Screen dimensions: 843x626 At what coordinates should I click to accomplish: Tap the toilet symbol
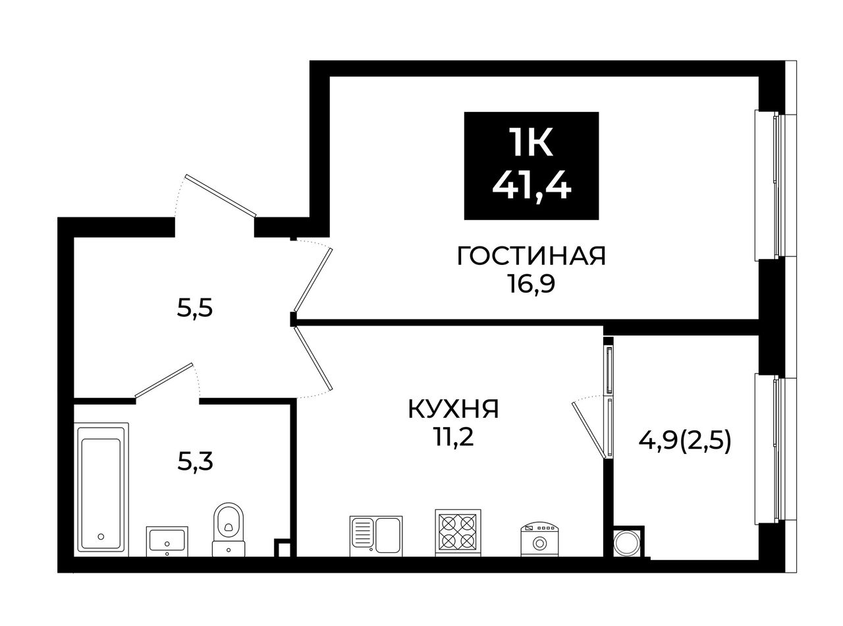pyautogui.click(x=229, y=529)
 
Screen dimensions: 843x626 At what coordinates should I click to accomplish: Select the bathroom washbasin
pyautogui.click(x=167, y=541)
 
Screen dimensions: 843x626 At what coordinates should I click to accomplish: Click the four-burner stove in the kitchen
pyautogui.click(x=458, y=532)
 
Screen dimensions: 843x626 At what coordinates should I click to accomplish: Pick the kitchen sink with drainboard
pyautogui.click(x=376, y=536)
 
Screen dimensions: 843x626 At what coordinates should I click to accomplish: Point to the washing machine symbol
pyautogui.click(x=539, y=539)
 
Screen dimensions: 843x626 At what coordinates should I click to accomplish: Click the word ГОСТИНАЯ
pyautogui.click(x=531, y=256)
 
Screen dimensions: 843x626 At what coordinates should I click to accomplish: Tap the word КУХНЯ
pyautogui.click(x=453, y=410)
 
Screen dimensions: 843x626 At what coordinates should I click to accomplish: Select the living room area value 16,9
pyautogui.click(x=531, y=285)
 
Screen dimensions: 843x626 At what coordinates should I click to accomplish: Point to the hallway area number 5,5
pyautogui.click(x=194, y=308)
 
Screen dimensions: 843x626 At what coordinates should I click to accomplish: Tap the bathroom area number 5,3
pyautogui.click(x=195, y=462)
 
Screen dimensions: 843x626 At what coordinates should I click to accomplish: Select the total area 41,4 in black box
pyautogui.click(x=531, y=186)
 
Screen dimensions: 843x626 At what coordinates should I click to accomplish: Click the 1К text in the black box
pyautogui.click(x=531, y=142)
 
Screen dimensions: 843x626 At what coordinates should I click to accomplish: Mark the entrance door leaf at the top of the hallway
pyautogui.click(x=221, y=195)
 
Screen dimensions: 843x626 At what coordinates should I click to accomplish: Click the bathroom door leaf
pyautogui.click(x=164, y=381)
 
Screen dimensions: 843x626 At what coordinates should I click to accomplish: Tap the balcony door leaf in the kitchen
pyautogui.click(x=587, y=430)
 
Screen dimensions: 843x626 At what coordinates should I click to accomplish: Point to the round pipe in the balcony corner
pyautogui.click(x=626, y=543)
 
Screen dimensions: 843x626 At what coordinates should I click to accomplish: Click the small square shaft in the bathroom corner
pyautogui.click(x=283, y=548)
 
